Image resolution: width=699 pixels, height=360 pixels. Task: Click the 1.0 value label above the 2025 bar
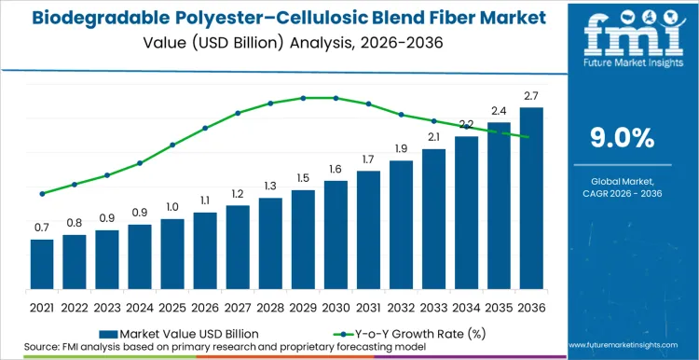[172, 207]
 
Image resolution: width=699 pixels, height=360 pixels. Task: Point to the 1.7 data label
[368, 159]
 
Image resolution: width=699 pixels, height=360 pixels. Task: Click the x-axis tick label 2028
[270, 307]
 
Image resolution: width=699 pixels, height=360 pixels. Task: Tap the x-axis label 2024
[140, 307]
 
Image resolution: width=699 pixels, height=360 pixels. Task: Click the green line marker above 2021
[42, 194]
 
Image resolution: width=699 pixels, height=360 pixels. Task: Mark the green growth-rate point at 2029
[303, 98]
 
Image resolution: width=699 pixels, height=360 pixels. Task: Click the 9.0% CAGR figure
[623, 138]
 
